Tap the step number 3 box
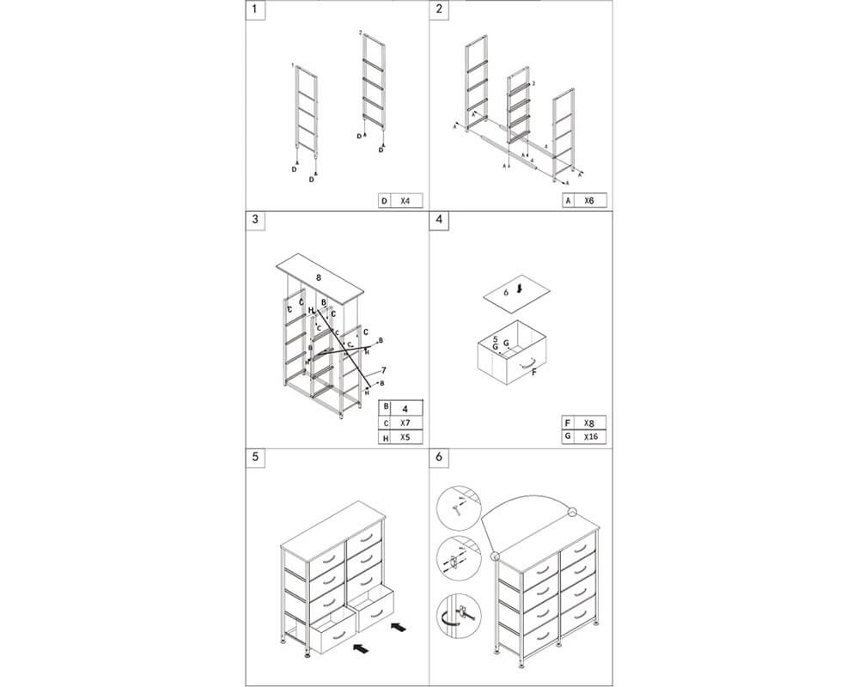(x=255, y=219)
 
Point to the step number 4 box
(x=440, y=219)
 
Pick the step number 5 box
(x=255, y=457)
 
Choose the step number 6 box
(x=440, y=457)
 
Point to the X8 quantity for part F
(x=589, y=423)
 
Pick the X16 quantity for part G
(x=589, y=438)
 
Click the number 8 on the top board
(x=319, y=277)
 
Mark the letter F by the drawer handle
(x=535, y=373)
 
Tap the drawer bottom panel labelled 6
(x=512, y=293)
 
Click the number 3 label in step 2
(x=533, y=83)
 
